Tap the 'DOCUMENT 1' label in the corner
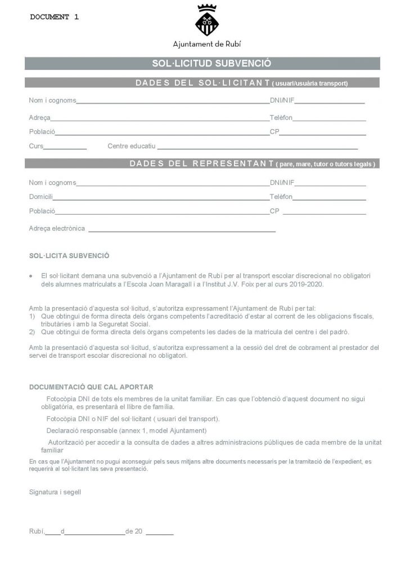[54, 17]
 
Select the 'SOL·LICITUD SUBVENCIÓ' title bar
[202, 64]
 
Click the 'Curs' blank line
[65, 148]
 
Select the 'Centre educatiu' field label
[131, 146]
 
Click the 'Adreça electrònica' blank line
[182, 231]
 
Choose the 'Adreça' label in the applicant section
[39, 117]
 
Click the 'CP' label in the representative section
[274, 211]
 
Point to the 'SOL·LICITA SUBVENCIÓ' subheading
[69, 255]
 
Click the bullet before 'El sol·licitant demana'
[31, 277]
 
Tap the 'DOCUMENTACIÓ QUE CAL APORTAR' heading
[91, 387]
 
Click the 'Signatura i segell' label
[55, 491]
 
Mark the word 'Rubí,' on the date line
[37, 531]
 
